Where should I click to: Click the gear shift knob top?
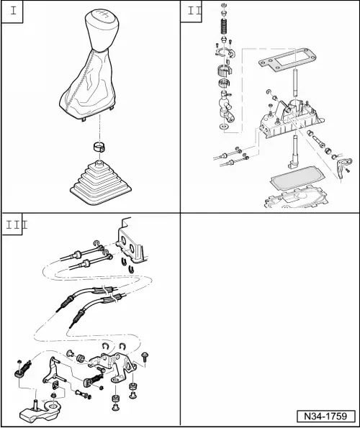[102, 29]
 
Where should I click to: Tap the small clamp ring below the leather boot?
[99, 147]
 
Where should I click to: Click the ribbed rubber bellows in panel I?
[101, 183]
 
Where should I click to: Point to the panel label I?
[13, 11]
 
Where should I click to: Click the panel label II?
[194, 11]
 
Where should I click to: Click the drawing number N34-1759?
[326, 416]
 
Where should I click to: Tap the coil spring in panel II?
[224, 26]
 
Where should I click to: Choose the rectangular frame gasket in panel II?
[288, 60]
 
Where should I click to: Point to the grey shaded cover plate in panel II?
[297, 178]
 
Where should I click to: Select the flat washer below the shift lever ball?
[224, 127]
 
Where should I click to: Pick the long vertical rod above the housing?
[295, 83]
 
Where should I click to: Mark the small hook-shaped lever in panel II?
[343, 166]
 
